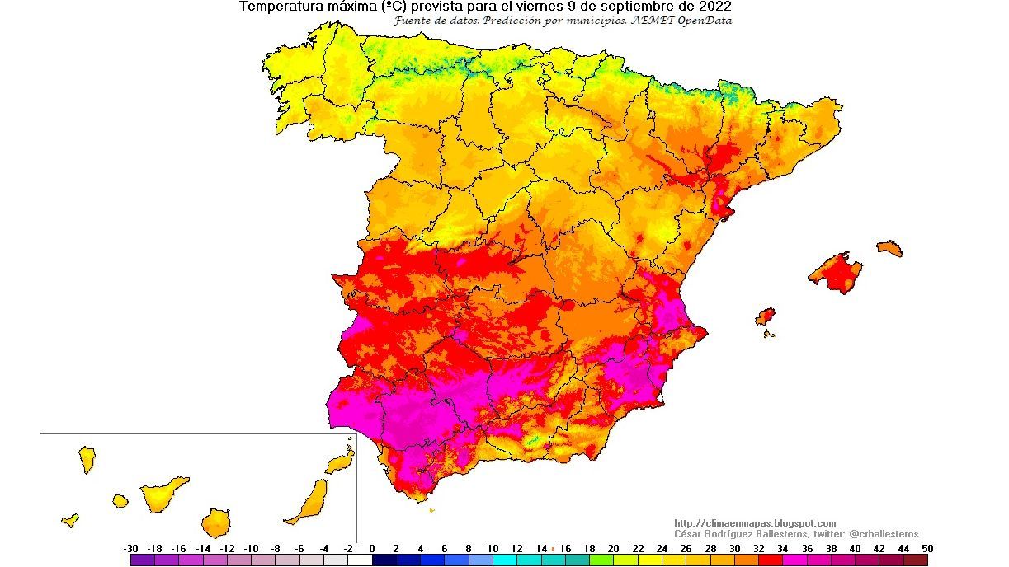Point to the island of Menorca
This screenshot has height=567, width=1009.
[889, 247]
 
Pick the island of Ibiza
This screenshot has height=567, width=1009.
[766, 316]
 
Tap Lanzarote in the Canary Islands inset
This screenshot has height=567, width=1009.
[340, 462]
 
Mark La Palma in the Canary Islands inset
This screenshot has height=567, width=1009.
[87, 458]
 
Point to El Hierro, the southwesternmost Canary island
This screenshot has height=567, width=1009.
[70, 520]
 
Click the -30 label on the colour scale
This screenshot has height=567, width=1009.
[130, 548]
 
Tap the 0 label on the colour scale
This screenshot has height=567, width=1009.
[372, 548]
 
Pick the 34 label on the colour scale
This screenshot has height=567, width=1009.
[782, 548]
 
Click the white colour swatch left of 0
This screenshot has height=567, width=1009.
[360, 560]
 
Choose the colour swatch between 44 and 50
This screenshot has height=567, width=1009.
[917, 560]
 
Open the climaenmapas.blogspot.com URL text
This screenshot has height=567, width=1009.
[755, 523]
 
